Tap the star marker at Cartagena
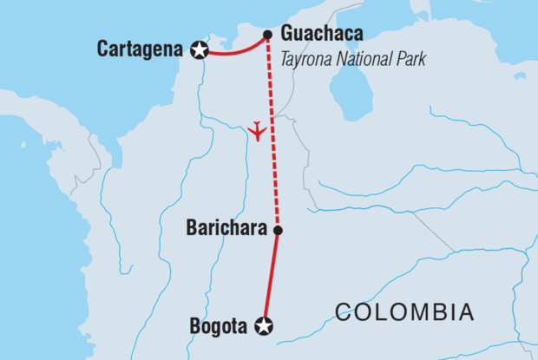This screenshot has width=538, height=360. [x=200, y=50]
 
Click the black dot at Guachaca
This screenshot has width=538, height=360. [x=268, y=35]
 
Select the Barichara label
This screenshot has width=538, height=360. [x=227, y=231]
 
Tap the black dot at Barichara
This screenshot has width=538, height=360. [x=278, y=231]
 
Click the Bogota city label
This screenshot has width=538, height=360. [x=220, y=328]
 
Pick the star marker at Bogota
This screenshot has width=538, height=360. [x=264, y=327]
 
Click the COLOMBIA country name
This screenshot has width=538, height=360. [x=404, y=311]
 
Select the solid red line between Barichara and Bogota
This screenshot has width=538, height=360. [x=271, y=278]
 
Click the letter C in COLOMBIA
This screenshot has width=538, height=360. [x=344, y=311]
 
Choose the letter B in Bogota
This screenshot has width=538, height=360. [x=194, y=328]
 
